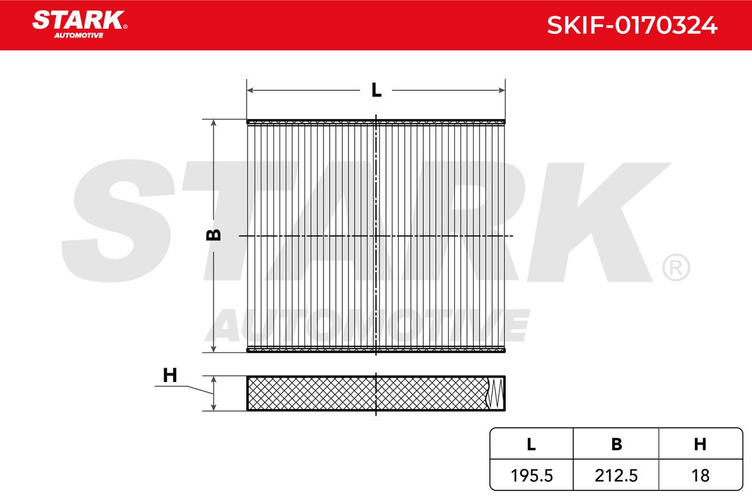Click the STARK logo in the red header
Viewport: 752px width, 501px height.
(x=80, y=24)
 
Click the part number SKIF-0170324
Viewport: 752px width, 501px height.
(x=632, y=25)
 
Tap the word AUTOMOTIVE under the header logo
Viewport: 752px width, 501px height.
(x=79, y=36)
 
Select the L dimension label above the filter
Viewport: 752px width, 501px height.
(x=377, y=90)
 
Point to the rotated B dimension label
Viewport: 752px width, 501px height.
(x=214, y=235)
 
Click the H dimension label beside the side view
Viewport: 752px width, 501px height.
(x=170, y=376)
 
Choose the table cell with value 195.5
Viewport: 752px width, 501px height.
(x=531, y=475)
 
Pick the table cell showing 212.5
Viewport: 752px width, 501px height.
(x=616, y=475)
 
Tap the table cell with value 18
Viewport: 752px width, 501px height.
(x=701, y=475)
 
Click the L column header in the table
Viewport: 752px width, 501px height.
(x=531, y=444)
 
